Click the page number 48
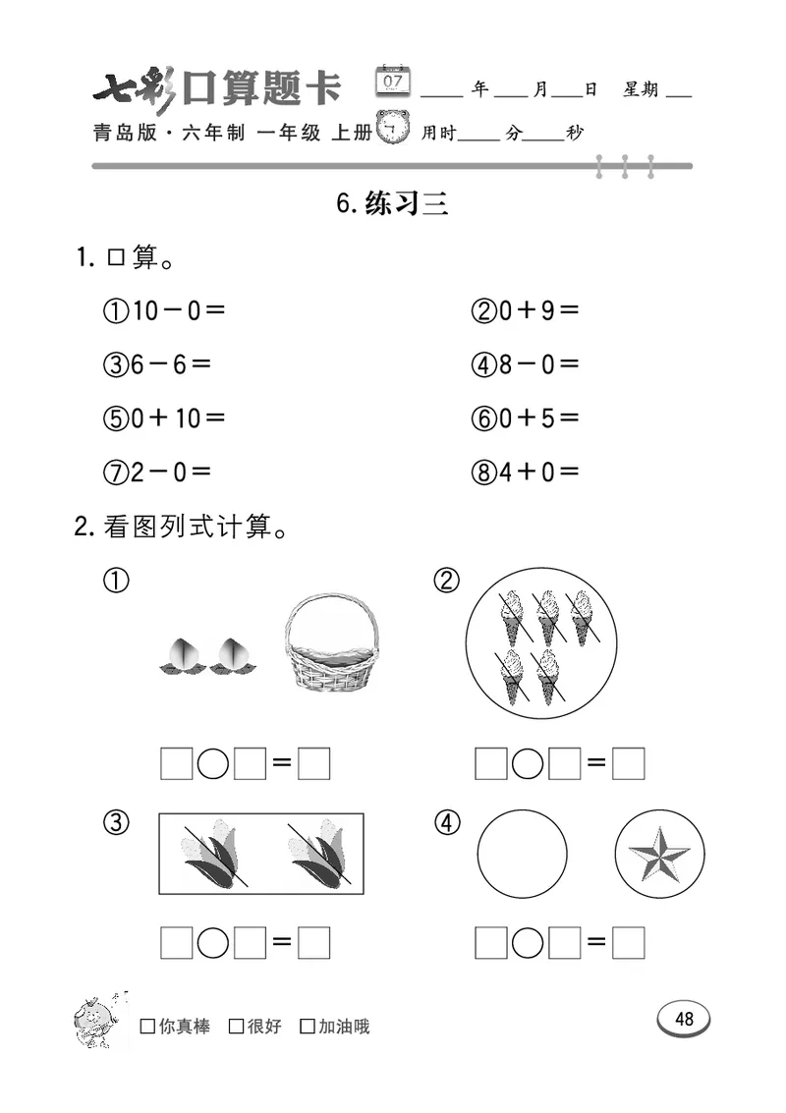coord(685,1019)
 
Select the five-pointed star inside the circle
coord(659,852)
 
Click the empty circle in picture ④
coord(522,852)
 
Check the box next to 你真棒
coord(148,1027)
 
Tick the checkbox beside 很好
coord(237,1027)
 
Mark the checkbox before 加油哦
coord(308,1027)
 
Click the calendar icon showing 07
coord(394,81)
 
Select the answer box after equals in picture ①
coord(313,763)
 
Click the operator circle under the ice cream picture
coord(528,763)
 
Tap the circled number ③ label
coord(115,823)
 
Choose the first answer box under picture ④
coord(490,944)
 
